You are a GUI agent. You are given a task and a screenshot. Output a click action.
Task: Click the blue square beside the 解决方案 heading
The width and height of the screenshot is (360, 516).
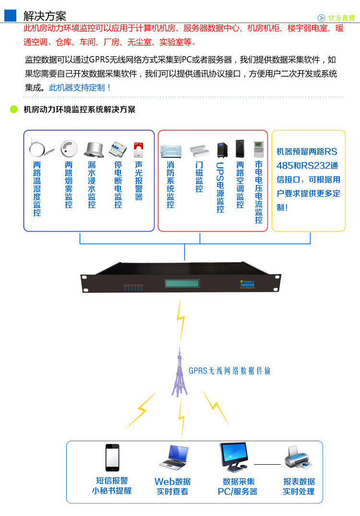click(11, 15)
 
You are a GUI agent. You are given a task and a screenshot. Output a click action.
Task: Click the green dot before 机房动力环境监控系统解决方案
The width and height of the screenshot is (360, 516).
click(14, 109)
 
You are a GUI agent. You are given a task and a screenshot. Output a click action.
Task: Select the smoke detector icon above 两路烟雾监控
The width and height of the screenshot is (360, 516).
click(69, 149)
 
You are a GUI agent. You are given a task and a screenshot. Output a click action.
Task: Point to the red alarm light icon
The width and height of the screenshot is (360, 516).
click(138, 150)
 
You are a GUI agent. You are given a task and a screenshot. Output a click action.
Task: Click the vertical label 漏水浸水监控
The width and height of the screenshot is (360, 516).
click(92, 185)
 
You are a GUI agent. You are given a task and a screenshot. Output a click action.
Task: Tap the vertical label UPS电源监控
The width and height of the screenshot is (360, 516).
click(220, 188)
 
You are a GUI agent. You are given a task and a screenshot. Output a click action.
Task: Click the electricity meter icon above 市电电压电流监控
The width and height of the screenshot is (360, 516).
click(259, 150)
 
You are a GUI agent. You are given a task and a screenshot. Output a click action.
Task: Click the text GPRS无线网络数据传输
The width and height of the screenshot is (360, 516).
click(229, 371)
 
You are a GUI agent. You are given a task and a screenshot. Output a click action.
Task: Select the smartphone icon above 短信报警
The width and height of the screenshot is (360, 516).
click(112, 457)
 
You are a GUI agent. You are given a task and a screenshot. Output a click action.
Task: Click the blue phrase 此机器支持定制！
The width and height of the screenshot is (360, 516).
click(80, 88)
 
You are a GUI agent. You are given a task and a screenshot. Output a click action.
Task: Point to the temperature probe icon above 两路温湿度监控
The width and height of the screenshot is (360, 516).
click(38, 149)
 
